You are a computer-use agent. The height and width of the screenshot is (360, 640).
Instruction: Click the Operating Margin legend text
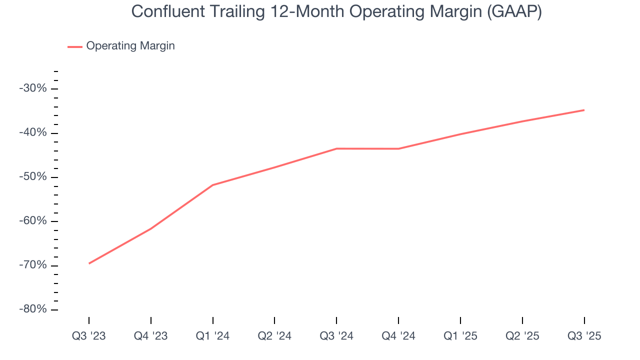point(130,46)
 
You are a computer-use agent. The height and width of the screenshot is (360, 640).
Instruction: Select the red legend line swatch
point(75,46)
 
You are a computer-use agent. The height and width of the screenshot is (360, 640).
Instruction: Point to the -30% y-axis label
point(32,88)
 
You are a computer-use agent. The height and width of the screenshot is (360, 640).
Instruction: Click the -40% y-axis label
point(32,133)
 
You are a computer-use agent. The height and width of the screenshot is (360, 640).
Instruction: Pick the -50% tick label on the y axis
point(32,177)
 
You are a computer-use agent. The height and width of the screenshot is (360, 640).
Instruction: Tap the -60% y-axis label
point(32,221)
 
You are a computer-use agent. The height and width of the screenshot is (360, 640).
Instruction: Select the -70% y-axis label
point(32,265)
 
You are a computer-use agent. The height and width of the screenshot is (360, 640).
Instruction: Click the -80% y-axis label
point(32,309)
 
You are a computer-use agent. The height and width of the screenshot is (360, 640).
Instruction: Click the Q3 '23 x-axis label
point(89,336)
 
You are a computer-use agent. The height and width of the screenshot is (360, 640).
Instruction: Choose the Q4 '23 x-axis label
point(150,336)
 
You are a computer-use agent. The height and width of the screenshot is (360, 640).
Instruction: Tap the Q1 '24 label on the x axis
point(212,336)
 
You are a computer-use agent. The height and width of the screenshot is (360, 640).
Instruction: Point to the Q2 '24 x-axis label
point(274,336)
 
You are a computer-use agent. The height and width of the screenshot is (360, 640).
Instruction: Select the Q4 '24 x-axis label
point(398,336)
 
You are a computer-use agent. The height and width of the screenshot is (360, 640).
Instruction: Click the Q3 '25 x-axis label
point(584,336)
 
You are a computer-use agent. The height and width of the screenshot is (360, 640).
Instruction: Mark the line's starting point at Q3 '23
point(89,263)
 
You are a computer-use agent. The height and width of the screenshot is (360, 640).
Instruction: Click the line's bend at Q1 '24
point(212,185)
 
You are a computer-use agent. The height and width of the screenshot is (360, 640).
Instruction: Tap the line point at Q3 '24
point(336,148)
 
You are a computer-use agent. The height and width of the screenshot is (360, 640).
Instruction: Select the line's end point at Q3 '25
point(584,110)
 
